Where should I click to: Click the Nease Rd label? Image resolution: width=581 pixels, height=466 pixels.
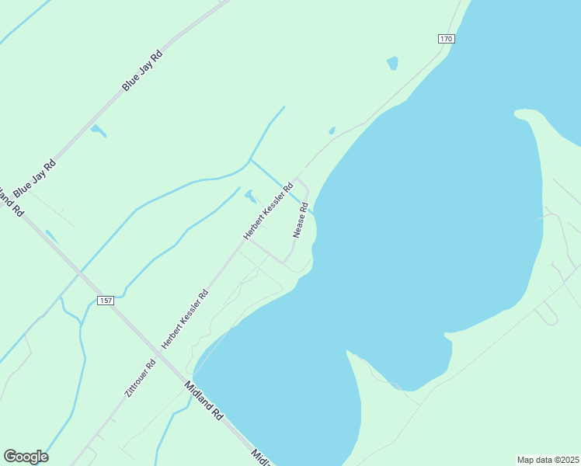click(x=301, y=220)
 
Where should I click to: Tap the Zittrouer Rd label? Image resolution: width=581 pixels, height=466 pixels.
click(x=141, y=379)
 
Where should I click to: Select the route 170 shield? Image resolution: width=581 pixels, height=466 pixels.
click(x=445, y=39)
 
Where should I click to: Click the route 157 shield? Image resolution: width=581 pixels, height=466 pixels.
click(x=106, y=300)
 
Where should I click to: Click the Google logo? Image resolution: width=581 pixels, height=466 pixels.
click(x=26, y=457)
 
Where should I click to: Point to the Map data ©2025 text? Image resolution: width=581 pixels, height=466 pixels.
click(x=548, y=459)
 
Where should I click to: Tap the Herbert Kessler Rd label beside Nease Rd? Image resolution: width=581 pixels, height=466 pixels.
click(x=268, y=210)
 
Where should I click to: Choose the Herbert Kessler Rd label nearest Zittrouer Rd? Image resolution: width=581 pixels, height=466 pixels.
click(x=185, y=318)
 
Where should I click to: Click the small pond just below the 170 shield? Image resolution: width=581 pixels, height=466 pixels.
click(x=392, y=63)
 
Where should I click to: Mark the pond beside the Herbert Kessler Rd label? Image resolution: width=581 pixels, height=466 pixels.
click(x=250, y=195)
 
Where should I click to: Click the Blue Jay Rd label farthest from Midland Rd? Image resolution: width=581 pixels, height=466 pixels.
click(x=143, y=71)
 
